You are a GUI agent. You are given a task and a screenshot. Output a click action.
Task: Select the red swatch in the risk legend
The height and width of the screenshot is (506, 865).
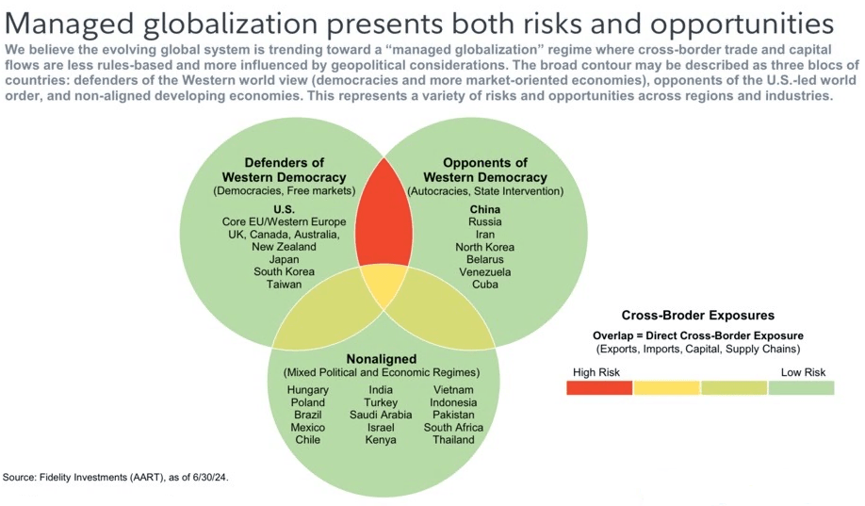point(599,387)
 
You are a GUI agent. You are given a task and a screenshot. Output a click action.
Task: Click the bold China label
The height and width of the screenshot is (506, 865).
point(484,209)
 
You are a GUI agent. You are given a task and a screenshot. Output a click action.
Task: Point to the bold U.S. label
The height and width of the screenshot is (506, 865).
point(284,209)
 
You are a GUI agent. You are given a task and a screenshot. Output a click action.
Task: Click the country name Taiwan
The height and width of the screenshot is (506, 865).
point(284,284)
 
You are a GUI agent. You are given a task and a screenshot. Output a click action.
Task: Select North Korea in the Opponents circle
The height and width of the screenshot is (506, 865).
point(484,247)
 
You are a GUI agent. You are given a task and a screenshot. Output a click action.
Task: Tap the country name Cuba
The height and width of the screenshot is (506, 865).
point(484,284)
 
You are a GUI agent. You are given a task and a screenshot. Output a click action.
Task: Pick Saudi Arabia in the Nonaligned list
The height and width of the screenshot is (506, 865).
point(381,415)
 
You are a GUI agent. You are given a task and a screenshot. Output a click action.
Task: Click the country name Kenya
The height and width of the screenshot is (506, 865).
point(381,439)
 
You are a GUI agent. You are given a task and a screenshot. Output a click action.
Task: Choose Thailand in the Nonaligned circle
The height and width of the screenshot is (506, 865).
point(453,439)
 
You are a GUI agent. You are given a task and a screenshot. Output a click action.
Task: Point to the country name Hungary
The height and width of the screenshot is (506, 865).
point(309,390)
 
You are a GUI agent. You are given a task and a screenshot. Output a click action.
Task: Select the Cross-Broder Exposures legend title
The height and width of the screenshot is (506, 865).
point(698,316)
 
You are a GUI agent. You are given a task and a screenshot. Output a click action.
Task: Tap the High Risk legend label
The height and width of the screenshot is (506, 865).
point(595,372)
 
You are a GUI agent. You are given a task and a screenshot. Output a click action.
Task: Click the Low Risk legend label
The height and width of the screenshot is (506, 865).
point(803,372)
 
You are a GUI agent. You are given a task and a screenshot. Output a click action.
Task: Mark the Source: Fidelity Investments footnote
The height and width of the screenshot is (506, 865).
point(116,478)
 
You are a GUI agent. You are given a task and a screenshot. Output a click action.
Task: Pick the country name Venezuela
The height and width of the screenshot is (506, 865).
point(484,271)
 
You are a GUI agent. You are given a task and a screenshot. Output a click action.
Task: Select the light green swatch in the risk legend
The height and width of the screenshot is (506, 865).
point(801,387)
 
